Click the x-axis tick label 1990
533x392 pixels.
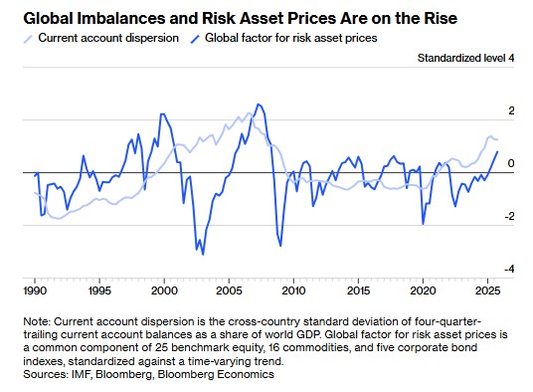click(x=35, y=292)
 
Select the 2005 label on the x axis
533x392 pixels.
click(x=229, y=292)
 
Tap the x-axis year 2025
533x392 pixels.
click(x=488, y=292)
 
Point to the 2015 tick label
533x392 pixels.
click(x=358, y=292)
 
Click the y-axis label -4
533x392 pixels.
click(x=509, y=270)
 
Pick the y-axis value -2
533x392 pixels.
click(x=509, y=216)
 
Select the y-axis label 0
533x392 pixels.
click(x=511, y=163)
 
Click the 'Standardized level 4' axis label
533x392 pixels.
click(x=465, y=58)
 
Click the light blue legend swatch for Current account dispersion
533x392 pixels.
click(x=28, y=39)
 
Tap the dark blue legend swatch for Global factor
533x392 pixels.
click(x=195, y=39)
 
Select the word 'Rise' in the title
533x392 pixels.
click(x=441, y=18)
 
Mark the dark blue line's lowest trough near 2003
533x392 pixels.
click(x=203, y=255)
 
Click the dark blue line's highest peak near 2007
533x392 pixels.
click(x=258, y=104)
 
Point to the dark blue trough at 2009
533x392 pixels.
click(x=280, y=246)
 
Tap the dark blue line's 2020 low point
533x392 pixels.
click(x=423, y=224)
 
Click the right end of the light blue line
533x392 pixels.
click(x=497, y=139)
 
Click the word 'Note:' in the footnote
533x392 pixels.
click(x=37, y=321)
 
